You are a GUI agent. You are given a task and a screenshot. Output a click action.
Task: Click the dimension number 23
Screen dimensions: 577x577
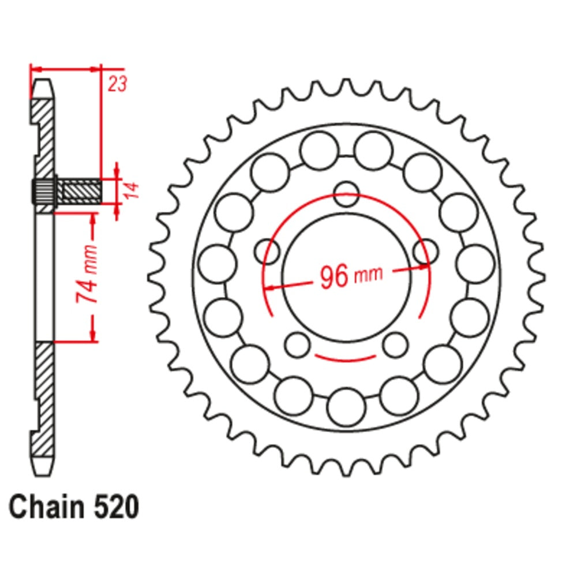(117, 84)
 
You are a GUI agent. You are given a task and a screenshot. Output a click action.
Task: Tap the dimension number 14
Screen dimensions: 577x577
(130, 191)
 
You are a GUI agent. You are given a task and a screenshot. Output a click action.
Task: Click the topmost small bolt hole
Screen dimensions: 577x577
(346, 194)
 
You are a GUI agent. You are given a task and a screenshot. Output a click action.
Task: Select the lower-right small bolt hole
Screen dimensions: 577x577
(396, 344)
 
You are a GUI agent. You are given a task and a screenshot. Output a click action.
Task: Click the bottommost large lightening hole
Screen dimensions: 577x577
(346, 407)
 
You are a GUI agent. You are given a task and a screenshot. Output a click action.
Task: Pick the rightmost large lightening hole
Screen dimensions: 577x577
(475, 263)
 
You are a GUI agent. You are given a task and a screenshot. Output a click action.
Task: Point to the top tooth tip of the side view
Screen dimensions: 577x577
(42, 87)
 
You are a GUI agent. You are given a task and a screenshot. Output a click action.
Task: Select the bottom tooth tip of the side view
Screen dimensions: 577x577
(42, 466)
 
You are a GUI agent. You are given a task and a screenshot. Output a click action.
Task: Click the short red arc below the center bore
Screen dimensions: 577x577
(347, 358)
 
